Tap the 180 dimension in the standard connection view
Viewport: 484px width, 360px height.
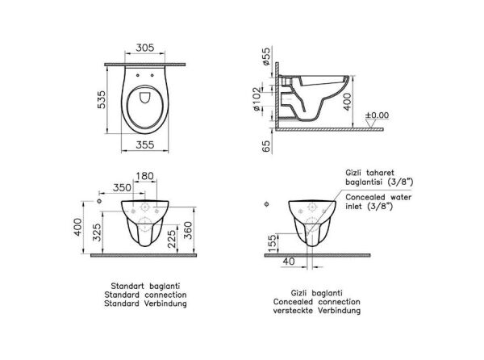146,175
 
